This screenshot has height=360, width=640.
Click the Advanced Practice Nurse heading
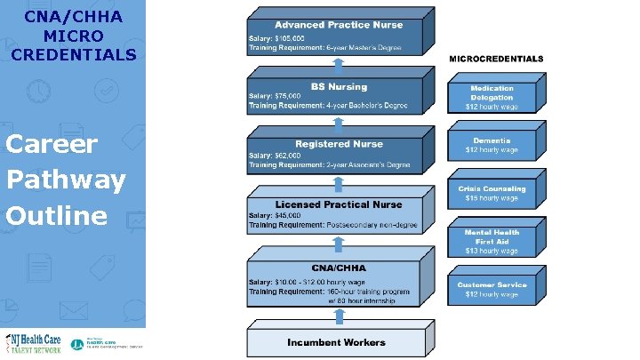[337, 24]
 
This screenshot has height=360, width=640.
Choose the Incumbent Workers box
[337, 342]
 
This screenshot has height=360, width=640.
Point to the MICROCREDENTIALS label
[497, 59]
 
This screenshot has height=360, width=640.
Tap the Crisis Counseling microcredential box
[492, 193]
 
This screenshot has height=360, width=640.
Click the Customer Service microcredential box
[492, 289]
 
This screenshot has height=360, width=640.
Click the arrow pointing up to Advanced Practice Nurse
[337, 62]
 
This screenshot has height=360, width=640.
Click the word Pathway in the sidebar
[66, 180]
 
